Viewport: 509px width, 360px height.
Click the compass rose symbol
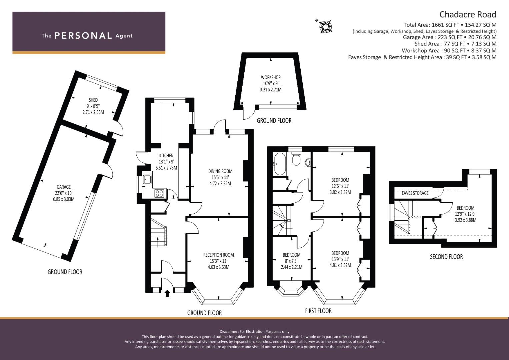coord(325,27)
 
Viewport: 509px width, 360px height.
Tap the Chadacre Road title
coord(468,15)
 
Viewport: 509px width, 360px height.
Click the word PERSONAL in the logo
coord(83,36)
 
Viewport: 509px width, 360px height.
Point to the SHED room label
coord(93,100)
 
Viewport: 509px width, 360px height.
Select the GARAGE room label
coord(64,187)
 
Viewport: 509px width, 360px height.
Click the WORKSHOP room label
coord(271,77)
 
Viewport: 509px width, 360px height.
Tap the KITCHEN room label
coord(166,156)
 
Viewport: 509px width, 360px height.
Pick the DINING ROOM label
coord(220,171)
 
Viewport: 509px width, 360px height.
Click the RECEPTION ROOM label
coord(218,255)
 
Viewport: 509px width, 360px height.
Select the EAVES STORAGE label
coord(415,193)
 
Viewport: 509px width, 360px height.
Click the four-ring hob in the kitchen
coord(159,193)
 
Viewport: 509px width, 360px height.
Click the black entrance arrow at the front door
coord(167,293)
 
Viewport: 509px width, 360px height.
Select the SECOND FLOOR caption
coord(446,257)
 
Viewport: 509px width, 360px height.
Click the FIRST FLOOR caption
coord(318,311)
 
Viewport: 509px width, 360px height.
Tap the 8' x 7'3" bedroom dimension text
coord(292,261)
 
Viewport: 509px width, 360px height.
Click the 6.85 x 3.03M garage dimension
coord(64,199)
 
